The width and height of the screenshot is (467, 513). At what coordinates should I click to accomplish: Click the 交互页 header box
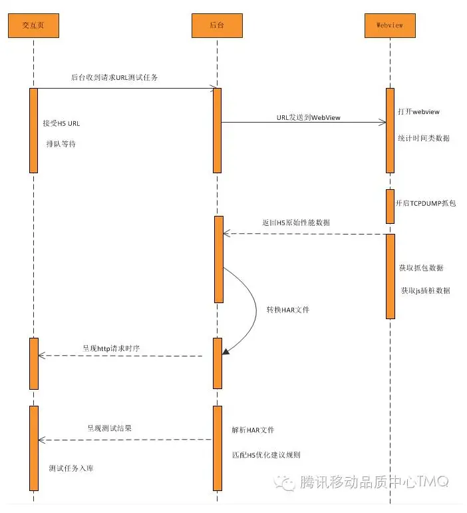[x=33, y=25]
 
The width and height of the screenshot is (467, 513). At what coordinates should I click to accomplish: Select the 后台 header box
[x=217, y=25]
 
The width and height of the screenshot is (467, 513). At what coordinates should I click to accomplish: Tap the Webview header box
[x=390, y=25]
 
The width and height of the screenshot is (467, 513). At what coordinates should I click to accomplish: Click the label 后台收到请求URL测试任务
[x=114, y=77]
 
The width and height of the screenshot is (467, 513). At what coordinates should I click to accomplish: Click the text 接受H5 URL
[x=62, y=123]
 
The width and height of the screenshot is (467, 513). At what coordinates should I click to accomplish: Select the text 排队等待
[x=61, y=143]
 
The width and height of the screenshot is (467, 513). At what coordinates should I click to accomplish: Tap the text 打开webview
[x=418, y=112]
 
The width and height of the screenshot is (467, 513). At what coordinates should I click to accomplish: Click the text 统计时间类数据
[x=423, y=138]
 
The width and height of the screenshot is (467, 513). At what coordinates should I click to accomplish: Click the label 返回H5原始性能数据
[x=296, y=222]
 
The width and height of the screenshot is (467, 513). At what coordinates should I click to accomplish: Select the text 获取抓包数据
[x=421, y=268]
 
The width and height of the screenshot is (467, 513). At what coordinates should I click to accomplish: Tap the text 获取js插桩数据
[x=425, y=290]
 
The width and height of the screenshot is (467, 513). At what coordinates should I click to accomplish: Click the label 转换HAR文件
[x=288, y=310]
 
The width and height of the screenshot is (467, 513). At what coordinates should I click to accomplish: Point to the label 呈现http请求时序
[x=112, y=347]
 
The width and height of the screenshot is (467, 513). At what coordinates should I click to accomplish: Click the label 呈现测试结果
[x=110, y=428]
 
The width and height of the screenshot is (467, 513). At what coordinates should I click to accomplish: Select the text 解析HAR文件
[x=253, y=430]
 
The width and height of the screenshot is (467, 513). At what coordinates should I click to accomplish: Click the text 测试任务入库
[x=71, y=468]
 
